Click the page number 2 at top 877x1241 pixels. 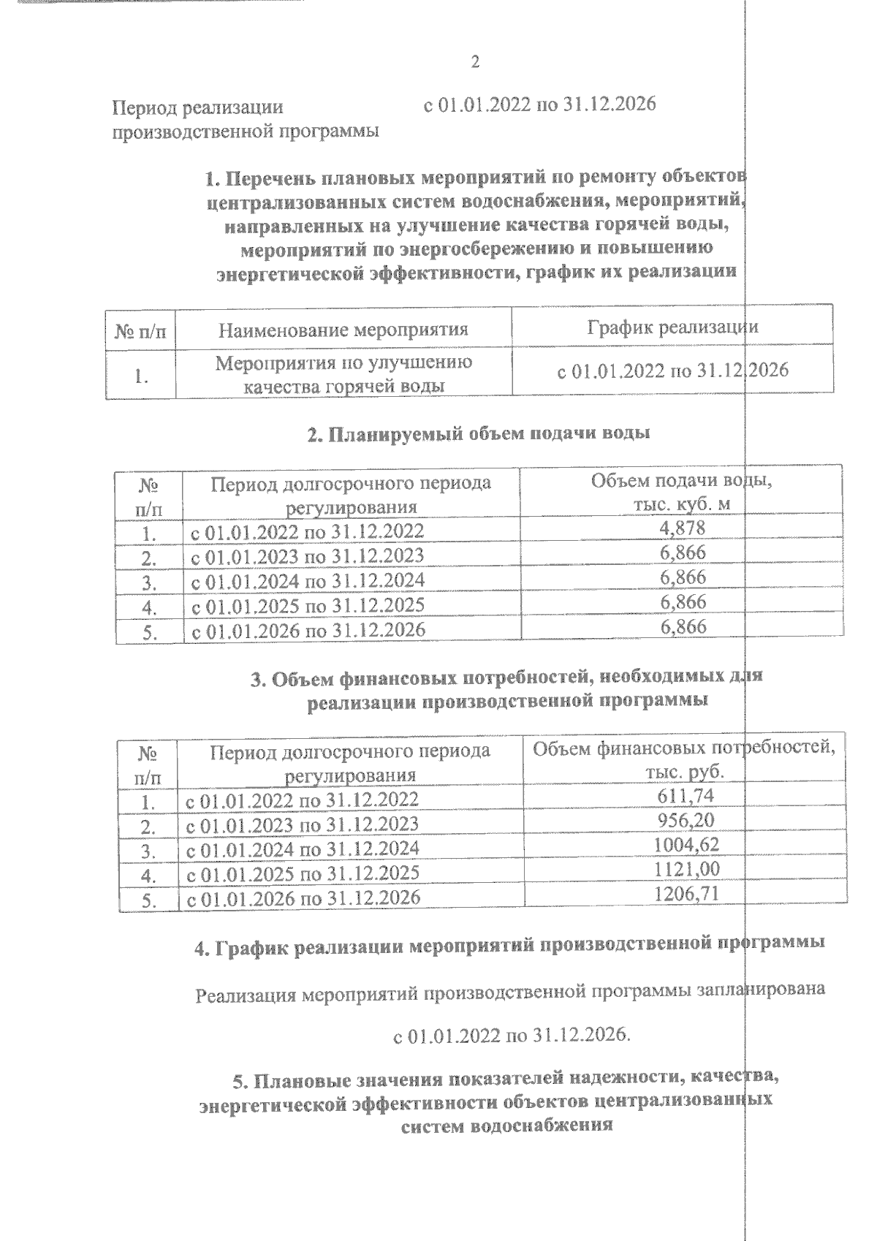[475, 62]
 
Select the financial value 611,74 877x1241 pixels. [686, 795]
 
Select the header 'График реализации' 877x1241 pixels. [672, 327]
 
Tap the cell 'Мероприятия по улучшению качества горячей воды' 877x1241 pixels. [343, 374]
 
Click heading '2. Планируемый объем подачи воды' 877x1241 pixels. [479, 433]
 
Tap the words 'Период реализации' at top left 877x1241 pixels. [197, 108]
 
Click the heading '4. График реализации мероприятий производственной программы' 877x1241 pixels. [509, 946]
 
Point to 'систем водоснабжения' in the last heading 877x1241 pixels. [506, 1126]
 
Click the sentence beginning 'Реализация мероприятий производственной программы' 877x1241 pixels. [511, 993]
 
